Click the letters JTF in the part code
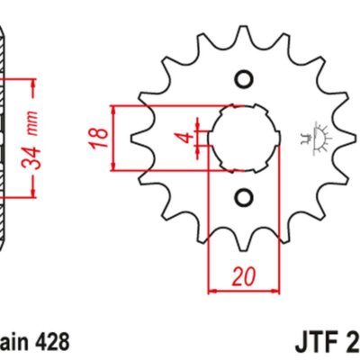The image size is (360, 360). pyautogui.click(x=316, y=342)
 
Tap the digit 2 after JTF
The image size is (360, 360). pyautogui.click(x=353, y=342)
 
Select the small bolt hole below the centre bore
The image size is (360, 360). pyautogui.click(x=241, y=196)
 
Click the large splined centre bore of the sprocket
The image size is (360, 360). pyautogui.click(x=241, y=137)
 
